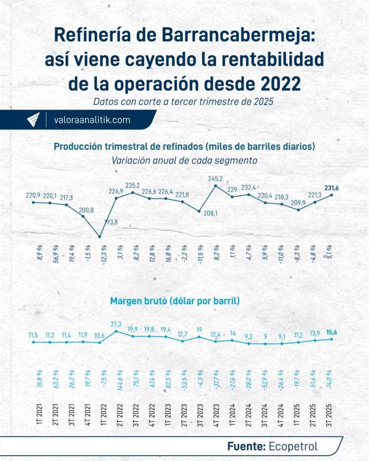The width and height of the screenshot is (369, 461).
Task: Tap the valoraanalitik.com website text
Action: tap(91, 120)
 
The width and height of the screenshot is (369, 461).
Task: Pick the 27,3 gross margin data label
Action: tap(116, 324)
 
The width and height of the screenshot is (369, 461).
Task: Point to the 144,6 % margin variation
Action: tap(116, 380)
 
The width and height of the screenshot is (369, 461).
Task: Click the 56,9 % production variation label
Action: tap(50, 254)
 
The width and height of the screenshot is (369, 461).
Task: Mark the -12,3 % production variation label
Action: tap(100, 254)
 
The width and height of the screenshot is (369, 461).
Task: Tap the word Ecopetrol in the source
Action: tap(293, 446)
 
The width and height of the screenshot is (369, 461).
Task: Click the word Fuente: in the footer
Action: tap(246, 446)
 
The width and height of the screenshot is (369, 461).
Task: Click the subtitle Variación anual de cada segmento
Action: tap(184, 160)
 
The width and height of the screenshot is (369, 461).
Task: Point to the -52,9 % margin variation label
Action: tap(265, 380)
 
